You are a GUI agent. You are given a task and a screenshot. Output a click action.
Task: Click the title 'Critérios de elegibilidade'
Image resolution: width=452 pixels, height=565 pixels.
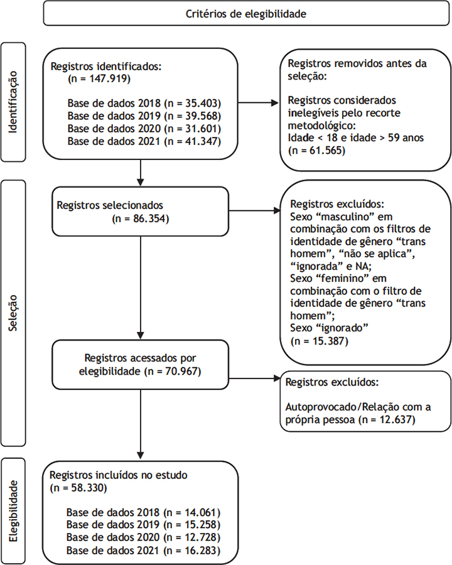[x=246, y=14]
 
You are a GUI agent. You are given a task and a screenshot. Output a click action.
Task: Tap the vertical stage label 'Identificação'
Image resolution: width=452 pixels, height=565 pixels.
[x=13, y=102]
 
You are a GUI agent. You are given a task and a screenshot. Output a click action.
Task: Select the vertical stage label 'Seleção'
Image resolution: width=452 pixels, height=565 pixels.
[x=13, y=313]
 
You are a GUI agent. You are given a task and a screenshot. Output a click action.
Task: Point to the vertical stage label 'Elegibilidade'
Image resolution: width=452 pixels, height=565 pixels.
[x=13, y=511]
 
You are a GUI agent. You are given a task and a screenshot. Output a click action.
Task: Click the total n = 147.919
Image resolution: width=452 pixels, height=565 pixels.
[x=99, y=78]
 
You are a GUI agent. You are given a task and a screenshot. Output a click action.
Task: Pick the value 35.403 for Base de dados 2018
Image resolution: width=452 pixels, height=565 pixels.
[x=203, y=104]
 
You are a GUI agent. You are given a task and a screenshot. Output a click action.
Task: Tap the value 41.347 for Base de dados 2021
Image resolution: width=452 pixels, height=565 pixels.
[x=202, y=141]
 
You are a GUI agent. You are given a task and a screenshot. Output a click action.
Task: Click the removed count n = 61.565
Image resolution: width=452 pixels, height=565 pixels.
[x=317, y=150]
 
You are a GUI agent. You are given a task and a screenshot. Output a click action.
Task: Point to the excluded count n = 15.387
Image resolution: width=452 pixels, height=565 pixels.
[x=320, y=341]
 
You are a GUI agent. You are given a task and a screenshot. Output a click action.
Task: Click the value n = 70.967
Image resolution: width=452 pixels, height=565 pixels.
[x=173, y=371]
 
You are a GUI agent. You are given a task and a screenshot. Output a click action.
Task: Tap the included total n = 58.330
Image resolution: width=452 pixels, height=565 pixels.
[x=78, y=488]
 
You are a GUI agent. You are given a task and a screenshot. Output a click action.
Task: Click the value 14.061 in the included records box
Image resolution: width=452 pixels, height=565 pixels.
[x=202, y=512]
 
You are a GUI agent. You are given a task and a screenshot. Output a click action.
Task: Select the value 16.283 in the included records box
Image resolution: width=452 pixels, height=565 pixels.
[x=202, y=551]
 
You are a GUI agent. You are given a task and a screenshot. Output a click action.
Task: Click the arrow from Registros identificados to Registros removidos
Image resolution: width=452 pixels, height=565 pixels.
[x=259, y=103]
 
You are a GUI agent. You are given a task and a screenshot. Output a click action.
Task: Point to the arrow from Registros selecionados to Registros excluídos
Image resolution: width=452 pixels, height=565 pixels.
[x=254, y=210]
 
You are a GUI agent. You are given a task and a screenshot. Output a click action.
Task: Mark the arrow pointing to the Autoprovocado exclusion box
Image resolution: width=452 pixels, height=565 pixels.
[x=254, y=379]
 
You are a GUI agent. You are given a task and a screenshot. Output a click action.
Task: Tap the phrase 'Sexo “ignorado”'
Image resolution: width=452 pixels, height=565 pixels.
[x=329, y=328]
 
